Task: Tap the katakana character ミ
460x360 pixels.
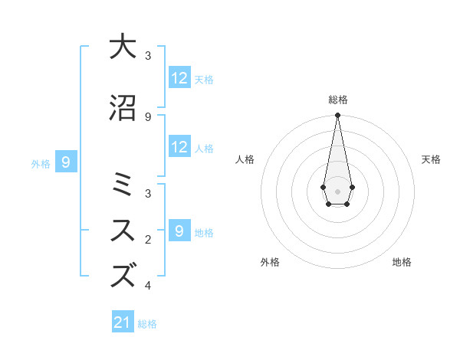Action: coord(123,185)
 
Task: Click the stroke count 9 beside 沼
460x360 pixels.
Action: coord(148,116)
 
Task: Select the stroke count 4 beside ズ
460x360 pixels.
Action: coord(148,286)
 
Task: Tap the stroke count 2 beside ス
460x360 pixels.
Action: coord(148,240)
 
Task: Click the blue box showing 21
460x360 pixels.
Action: coord(123,322)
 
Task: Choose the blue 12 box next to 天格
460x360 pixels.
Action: coord(179,78)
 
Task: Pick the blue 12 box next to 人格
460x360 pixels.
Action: coord(179,147)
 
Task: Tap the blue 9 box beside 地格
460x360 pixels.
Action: coord(179,231)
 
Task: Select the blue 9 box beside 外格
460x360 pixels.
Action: coord(67,162)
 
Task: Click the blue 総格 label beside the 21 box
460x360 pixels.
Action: coord(147,324)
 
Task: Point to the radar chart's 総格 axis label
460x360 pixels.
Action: coord(337,100)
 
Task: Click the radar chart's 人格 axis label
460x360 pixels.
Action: coord(245,159)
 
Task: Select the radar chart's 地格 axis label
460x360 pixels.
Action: coord(402,262)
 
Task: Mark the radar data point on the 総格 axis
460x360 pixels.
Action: coord(337,115)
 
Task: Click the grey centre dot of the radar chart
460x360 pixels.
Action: coord(337,190)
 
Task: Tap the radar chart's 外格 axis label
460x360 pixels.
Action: coord(270,262)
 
